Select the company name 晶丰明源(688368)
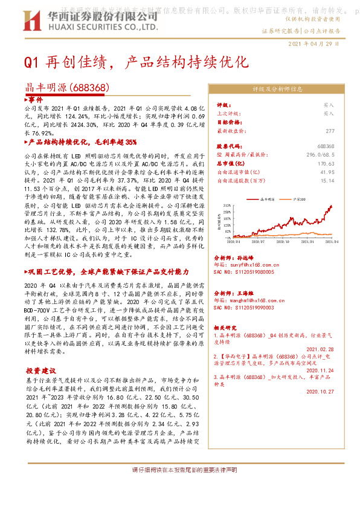(66, 88)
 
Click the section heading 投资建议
(40, 370)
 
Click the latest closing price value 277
(330, 131)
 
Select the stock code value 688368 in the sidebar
(326, 147)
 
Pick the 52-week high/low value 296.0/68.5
(319, 155)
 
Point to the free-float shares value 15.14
(328, 180)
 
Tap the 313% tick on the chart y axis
(228, 206)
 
